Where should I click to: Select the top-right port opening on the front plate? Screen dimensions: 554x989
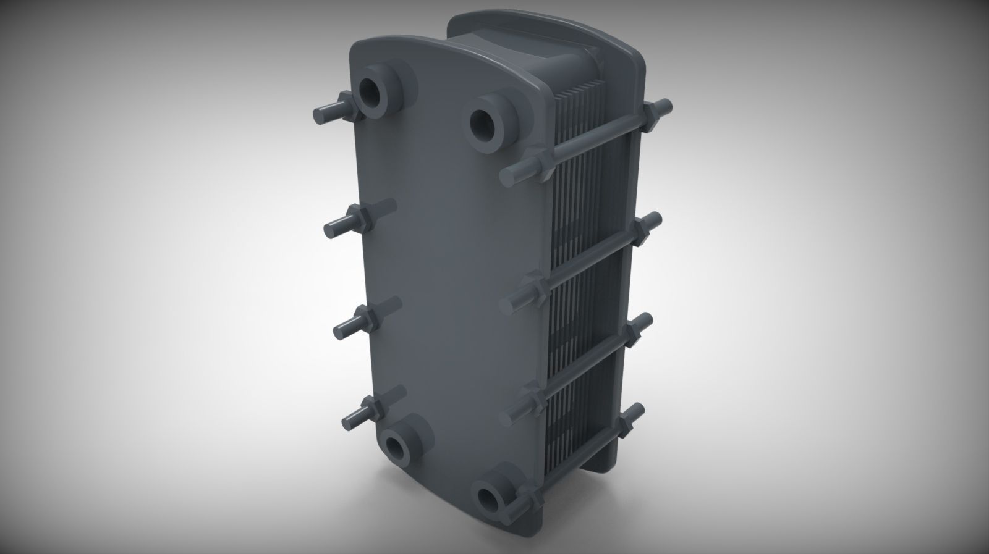pos(483,124)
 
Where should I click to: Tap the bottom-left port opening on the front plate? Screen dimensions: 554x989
pos(395,445)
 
